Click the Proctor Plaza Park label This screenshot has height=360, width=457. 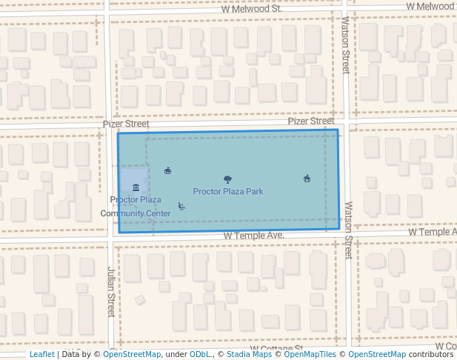(x=228, y=192)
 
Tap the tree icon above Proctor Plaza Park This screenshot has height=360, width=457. (x=227, y=179)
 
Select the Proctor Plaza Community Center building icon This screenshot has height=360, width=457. (x=135, y=187)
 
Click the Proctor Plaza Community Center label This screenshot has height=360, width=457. (x=136, y=207)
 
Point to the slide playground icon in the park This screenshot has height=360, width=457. (x=181, y=206)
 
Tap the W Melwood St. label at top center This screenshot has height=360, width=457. (x=251, y=8)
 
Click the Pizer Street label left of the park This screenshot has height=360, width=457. (x=121, y=125)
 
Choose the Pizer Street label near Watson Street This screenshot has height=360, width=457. (x=311, y=121)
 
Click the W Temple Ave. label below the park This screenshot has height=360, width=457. (x=254, y=236)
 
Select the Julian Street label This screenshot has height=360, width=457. (x=110, y=292)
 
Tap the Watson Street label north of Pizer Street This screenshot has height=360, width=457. (x=346, y=45)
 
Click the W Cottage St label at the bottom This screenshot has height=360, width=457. (x=276, y=348)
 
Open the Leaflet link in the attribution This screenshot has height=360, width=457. (x=42, y=355)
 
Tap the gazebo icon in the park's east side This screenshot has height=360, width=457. (x=307, y=178)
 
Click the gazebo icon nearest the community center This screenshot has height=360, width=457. (x=167, y=170)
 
